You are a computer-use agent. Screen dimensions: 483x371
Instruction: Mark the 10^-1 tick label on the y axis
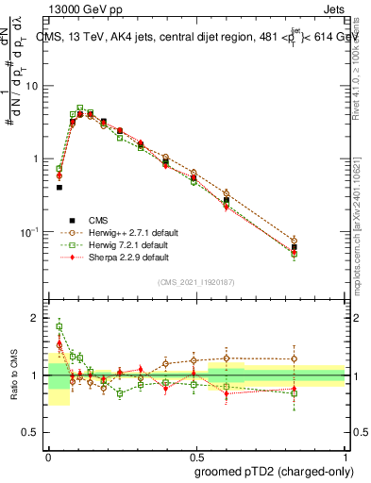pyautogui.click(x=33, y=232)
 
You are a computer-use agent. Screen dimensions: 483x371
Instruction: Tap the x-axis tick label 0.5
pyautogui.click(x=196, y=454)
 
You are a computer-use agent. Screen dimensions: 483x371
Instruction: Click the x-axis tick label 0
pyautogui.click(x=48, y=454)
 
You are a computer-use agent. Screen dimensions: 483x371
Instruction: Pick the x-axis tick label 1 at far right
pyautogui.click(x=346, y=454)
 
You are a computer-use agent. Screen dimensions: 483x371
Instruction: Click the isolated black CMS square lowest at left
pyautogui.click(x=59, y=188)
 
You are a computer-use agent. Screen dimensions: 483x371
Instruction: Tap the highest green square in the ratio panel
pyautogui.click(x=59, y=327)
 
